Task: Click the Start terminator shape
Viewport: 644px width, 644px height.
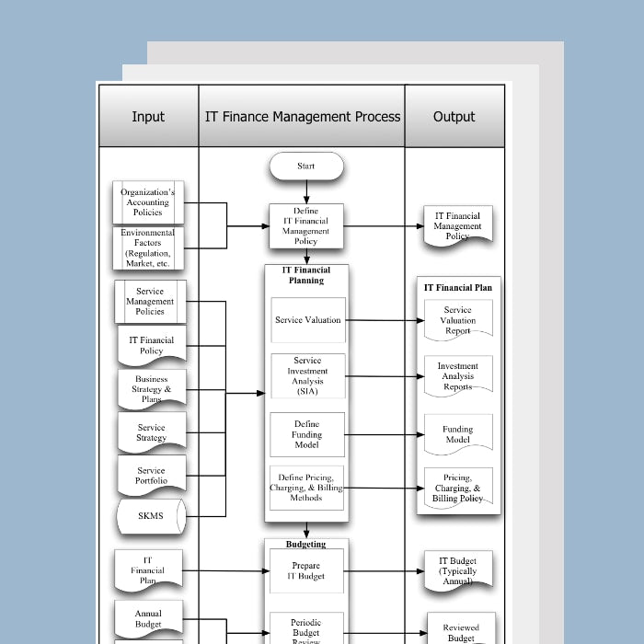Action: click(x=306, y=167)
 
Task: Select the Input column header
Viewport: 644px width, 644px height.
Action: click(x=148, y=116)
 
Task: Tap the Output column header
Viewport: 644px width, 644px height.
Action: click(x=454, y=116)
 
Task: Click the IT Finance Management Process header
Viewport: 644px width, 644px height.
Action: click(x=303, y=116)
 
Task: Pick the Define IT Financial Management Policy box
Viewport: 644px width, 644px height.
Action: click(x=306, y=226)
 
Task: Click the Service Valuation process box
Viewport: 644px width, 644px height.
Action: click(x=308, y=320)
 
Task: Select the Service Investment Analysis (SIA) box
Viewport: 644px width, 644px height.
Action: click(x=308, y=376)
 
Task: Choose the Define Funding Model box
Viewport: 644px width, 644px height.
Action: click(x=307, y=434)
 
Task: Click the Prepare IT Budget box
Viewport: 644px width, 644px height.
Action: click(x=306, y=570)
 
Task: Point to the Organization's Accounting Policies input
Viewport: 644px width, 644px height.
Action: click(x=148, y=202)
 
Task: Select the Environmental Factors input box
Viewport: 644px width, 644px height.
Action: click(x=148, y=248)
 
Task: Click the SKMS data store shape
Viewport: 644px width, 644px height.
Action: click(x=151, y=516)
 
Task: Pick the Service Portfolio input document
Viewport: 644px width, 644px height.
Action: click(x=152, y=476)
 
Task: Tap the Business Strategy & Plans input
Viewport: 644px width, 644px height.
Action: click(x=152, y=389)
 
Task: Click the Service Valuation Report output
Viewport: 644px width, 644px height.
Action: click(x=457, y=320)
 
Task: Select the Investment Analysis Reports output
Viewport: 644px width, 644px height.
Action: click(x=457, y=376)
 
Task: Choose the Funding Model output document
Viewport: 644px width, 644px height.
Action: click(x=457, y=434)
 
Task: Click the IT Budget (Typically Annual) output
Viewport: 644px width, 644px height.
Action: click(x=457, y=570)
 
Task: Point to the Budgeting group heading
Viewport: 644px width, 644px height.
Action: click(x=306, y=545)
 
